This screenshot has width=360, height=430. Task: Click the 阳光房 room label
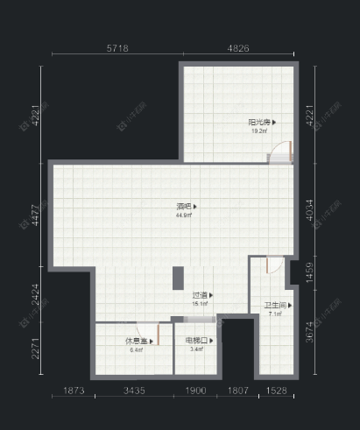[258, 122]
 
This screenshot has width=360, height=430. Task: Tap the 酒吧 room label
[183, 207]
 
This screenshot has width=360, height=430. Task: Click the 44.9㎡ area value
[183, 215]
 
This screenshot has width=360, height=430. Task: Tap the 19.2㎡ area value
[258, 130]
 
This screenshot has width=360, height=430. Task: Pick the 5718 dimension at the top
[117, 49]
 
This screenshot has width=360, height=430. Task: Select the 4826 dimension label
[239, 49]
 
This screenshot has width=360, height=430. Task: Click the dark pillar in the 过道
[177, 278]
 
